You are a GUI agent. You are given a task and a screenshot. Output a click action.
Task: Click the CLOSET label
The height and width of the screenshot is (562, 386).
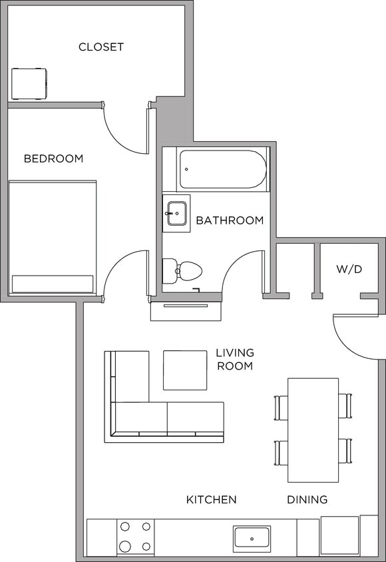coord(101,47)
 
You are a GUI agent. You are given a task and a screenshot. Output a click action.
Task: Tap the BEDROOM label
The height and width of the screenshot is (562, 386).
coord(53,158)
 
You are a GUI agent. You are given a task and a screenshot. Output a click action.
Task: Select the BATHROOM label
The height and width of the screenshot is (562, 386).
coord(230,220)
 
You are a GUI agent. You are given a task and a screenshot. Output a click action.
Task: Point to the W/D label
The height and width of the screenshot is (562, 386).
coord(349,270)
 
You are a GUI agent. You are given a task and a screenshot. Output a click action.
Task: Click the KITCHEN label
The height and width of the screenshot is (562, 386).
coord(211,499)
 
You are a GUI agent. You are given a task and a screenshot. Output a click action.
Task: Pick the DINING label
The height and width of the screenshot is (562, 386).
coord(307,499)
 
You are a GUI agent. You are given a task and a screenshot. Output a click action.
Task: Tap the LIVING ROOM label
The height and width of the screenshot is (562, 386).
coord(235,359)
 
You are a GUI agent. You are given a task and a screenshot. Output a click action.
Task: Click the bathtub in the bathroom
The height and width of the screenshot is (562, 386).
coord(223,169)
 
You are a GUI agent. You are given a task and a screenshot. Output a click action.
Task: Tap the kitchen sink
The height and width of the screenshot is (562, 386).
coord(252,538)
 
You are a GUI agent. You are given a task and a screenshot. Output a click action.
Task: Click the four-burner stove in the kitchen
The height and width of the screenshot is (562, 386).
coord(135,537)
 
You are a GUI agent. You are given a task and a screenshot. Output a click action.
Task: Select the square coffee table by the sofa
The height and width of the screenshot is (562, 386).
coord(185,370)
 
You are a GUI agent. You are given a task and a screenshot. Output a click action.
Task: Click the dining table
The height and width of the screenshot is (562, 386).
coord(313,430)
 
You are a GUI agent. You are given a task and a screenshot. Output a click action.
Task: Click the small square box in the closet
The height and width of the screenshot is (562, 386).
coord(29,83)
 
